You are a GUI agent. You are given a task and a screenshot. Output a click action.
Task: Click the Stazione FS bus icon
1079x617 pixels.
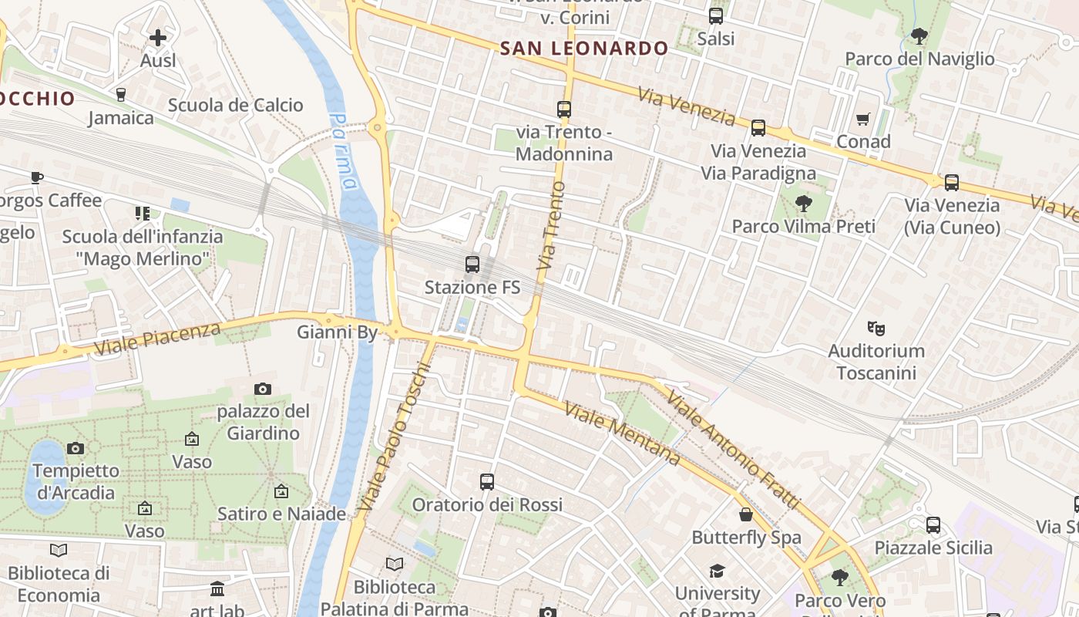pos(472,265)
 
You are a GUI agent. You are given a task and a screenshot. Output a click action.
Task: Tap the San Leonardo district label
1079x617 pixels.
pos(584,49)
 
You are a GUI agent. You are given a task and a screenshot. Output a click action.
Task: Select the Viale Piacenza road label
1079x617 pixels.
pos(157,339)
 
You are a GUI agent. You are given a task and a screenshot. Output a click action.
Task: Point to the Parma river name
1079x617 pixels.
pos(344,151)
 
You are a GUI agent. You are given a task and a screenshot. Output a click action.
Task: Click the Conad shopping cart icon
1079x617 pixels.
pos(862,119)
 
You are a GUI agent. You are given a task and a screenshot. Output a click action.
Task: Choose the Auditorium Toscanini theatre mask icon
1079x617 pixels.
pos(875,328)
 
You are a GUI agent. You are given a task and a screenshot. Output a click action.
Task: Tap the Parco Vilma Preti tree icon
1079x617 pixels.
pos(803,204)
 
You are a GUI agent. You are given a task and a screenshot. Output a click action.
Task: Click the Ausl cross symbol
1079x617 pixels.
pos(158,37)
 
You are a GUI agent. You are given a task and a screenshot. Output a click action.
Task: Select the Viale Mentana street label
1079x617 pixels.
pos(622,433)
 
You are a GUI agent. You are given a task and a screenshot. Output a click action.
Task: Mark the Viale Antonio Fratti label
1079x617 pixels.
pos(734,450)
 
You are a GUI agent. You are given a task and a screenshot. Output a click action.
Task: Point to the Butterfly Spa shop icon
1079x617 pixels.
pos(745,514)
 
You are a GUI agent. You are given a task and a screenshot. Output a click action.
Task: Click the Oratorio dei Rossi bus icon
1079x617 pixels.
pos(486,482)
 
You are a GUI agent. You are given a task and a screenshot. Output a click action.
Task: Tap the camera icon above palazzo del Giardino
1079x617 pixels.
pos(263,389)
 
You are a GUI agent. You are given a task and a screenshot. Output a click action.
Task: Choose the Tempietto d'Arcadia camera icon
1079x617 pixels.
pos(76,448)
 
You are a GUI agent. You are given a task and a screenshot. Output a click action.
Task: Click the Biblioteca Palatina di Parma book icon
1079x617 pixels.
pos(395,565)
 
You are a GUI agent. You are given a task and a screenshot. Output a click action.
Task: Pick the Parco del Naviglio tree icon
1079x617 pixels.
pos(919,35)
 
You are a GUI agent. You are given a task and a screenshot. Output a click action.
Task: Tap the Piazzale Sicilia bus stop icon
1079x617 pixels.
pos(933,525)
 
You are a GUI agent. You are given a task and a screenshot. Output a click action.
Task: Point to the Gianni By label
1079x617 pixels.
pos(338,332)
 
